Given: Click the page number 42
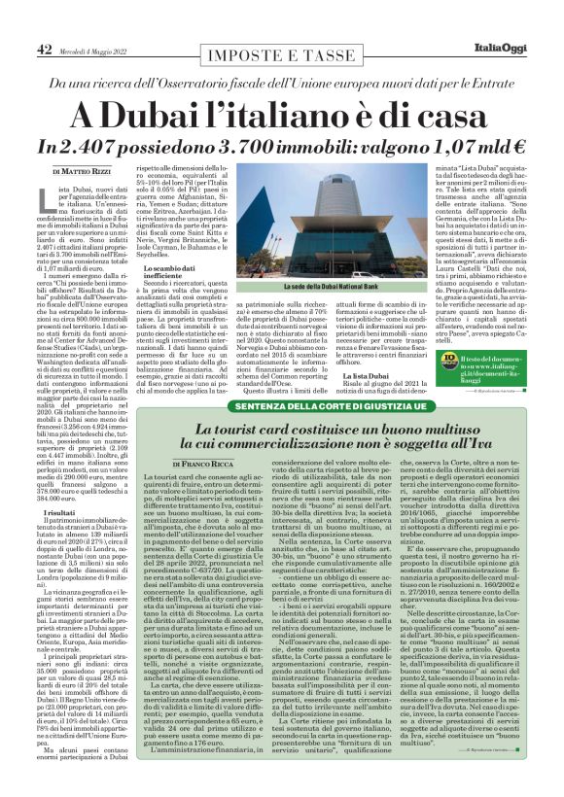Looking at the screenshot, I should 45,49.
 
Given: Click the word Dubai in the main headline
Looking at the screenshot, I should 180,114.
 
